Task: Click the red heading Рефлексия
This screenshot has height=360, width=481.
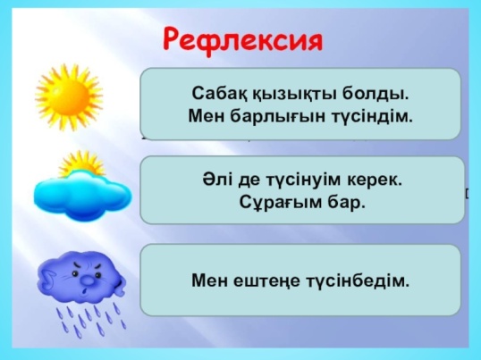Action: coord(243,40)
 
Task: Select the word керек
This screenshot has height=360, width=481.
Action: coord(375,180)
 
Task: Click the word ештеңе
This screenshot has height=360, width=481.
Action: coord(266,281)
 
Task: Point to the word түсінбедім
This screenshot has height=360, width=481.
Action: coord(358,280)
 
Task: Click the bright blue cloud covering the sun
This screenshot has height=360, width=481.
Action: coord(83,196)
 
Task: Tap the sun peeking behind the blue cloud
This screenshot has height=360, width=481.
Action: coord(81,163)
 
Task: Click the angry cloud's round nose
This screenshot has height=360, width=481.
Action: coord(88,280)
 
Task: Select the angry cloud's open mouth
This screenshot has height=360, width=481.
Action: coord(85,290)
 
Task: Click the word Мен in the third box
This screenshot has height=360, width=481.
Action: coord(209,280)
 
